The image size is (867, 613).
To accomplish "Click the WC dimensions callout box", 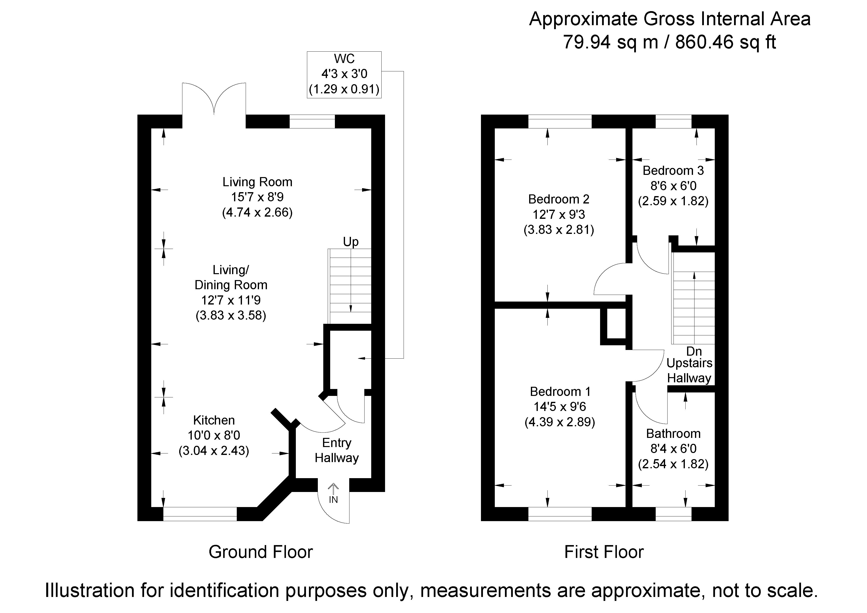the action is (344, 75).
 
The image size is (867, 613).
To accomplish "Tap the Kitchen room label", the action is (214, 420).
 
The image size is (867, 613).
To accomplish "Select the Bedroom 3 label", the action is (673, 171).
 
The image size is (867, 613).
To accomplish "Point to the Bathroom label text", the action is (673, 433).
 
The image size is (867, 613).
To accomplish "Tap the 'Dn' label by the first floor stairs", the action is (694, 351).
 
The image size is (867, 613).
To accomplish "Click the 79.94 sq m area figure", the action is (611, 42).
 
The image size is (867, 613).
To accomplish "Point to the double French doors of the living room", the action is (214, 99).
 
